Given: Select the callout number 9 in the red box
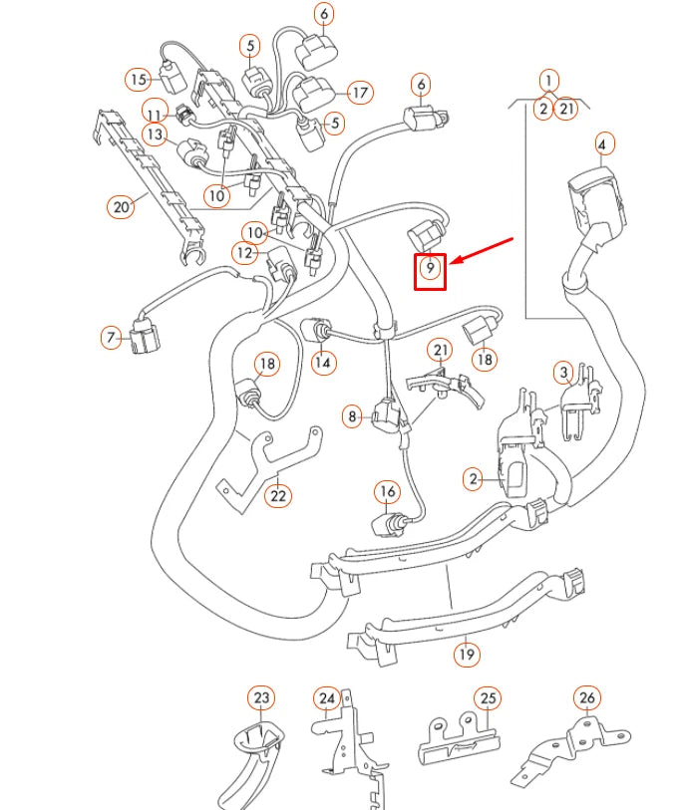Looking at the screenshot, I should click(x=430, y=269).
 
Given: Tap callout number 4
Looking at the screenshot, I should click(x=601, y=145).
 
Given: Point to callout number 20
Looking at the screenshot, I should click(x=121, y=206).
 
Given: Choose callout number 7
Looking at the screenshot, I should click(x=111, y=337).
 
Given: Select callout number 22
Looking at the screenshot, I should click(x=278, y=495).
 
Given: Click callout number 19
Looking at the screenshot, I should click(x=466, y=655).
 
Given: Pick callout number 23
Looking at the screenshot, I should click(x=261, y=698).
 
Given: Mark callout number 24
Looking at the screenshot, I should click(x=327, y=698).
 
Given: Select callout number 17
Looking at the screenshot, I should click(x=359, y=93).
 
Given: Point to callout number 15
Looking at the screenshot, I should click(x=138, y=79).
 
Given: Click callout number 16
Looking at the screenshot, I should click(x=387, y=491).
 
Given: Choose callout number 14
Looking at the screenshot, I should click(x=323, y=363).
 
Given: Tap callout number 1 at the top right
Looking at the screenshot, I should click(x=548, y=80).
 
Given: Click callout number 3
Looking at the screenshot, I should click(x=564, y=374).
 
